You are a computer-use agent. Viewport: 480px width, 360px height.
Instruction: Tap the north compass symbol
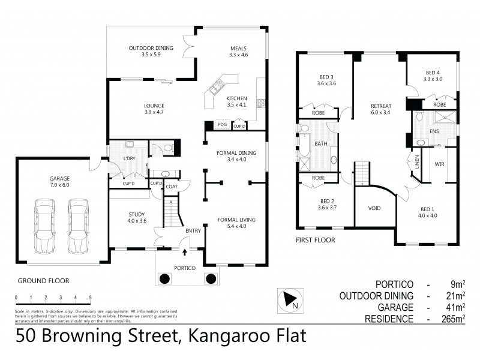pos(287,299)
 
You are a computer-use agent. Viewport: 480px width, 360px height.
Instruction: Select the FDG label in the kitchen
pos(222,125)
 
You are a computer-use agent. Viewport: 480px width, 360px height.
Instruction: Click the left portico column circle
pos(164,278)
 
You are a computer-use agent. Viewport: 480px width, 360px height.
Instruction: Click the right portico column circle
pos(211,278)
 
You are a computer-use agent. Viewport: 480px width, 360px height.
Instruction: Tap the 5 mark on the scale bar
pos(91,298)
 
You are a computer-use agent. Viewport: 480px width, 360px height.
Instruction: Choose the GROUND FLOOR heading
pos(43,280)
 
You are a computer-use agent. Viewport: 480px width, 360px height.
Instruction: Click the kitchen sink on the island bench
pos(215,89)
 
